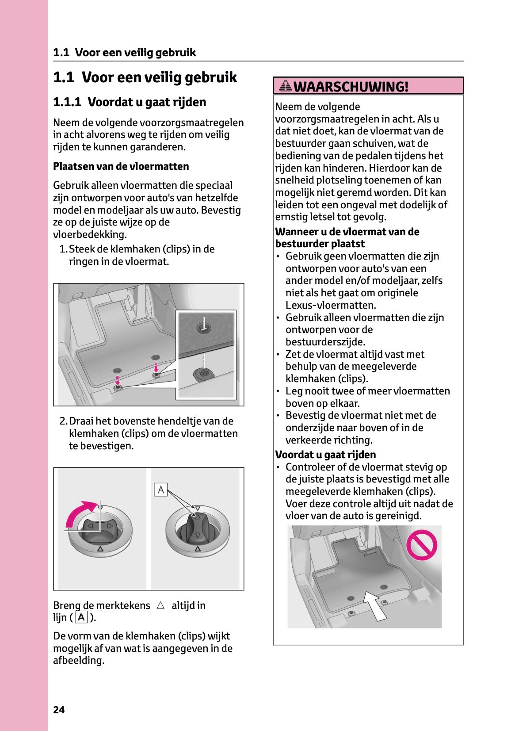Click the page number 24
[x=59, y=710]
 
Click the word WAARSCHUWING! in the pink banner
[x=351, y=86]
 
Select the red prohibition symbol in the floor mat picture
[x=421, y=545]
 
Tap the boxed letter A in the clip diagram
[x=161, y=490]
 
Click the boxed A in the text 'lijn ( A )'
[x=82, y=617]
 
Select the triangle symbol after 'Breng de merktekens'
[x=160, y=605]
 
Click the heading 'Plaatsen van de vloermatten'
[x=121, y=166]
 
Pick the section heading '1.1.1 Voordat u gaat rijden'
[x=130, y=102]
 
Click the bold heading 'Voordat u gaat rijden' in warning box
[x=325, y=455]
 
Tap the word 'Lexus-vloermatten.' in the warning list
[x=331, y=305]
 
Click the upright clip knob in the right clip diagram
[x=198, y=529]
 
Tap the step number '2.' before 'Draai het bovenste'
[x=64, y=421]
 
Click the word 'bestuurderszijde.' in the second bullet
[x=325, y=342]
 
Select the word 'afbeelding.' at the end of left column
[x=79, y=660]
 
